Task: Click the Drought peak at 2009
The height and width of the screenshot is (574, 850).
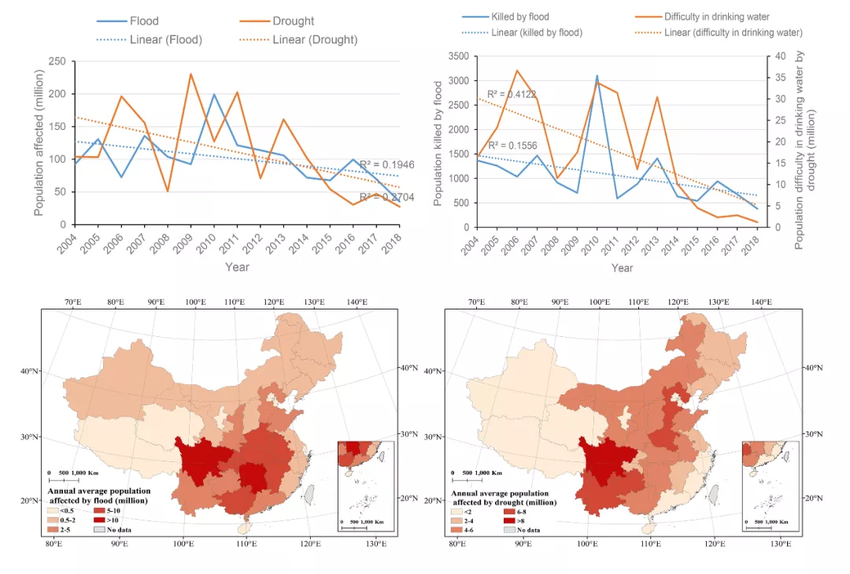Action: (x=190, y=73)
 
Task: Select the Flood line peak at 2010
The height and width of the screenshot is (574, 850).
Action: (x=213, y=94)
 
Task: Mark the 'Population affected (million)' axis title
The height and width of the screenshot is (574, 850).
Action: (x=39, y=143)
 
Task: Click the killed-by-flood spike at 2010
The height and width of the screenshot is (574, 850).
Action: (x=597, y=76)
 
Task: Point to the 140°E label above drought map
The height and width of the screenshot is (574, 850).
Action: (x=761, y=302)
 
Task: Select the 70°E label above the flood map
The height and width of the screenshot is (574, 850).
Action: (x=75, y=302)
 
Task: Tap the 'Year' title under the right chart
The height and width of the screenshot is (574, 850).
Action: (x=622, y=268)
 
